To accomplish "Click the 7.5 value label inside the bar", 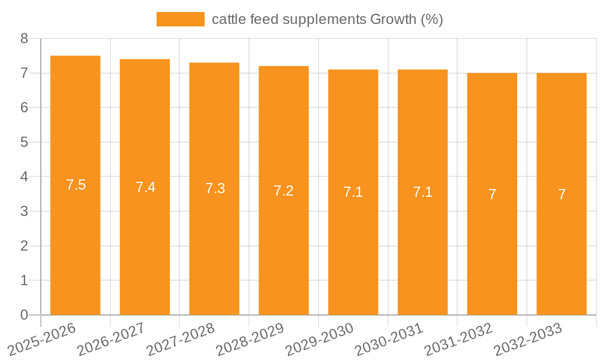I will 76,185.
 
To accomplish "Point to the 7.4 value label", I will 145,187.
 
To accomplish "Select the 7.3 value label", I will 215,188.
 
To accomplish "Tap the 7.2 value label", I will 283,191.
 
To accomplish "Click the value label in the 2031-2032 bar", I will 492,194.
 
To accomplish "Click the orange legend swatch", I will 180,19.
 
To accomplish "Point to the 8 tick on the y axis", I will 24,39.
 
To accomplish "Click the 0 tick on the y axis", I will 24,315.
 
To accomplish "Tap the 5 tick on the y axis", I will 24,143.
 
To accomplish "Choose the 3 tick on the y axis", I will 24,212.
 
